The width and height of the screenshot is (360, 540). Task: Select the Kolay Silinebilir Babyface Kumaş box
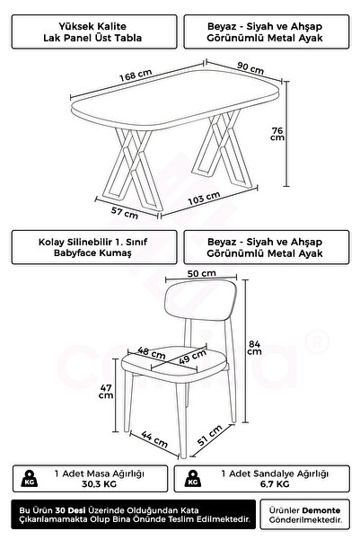92,247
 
